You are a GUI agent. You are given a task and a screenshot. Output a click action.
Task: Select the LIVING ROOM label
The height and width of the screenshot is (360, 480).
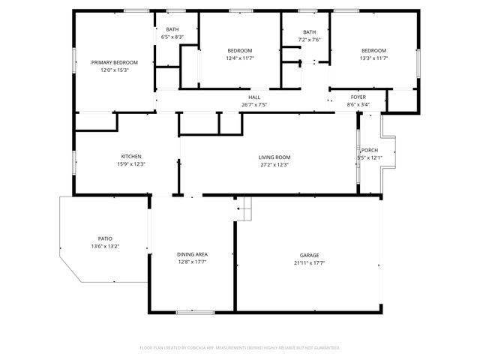tap(274, 157)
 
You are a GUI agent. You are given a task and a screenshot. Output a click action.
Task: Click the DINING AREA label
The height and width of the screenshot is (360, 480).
tap(192, 254)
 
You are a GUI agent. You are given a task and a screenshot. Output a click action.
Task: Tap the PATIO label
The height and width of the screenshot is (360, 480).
tap(105, 238)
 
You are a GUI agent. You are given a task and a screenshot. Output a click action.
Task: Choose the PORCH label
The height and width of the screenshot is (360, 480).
tap(370, 150)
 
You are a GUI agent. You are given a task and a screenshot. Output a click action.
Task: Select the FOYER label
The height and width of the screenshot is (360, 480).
tap(358, 97)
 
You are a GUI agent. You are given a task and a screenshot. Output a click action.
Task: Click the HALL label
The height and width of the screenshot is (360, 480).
tap(254, 97)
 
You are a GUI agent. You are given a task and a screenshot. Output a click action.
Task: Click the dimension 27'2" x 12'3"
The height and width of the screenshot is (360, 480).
tap(274, 164)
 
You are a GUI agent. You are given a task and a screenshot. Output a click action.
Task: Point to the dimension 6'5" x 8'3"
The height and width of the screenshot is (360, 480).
tap(172, 37)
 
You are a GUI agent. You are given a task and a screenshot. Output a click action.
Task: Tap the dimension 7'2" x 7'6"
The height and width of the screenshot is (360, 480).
tap(310, 40)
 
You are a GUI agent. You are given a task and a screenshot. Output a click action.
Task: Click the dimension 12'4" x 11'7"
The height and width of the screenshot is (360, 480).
tap(240, 58)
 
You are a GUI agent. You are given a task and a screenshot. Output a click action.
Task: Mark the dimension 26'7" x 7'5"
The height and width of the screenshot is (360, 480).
tap(254, 105)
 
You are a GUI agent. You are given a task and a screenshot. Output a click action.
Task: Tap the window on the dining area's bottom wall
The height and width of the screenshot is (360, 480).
tap(196, 312)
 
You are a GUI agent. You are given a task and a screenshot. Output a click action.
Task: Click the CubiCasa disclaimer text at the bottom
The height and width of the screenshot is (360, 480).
tap(240, 348)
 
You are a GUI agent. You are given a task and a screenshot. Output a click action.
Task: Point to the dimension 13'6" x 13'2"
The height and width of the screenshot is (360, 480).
tap(105, 246)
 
